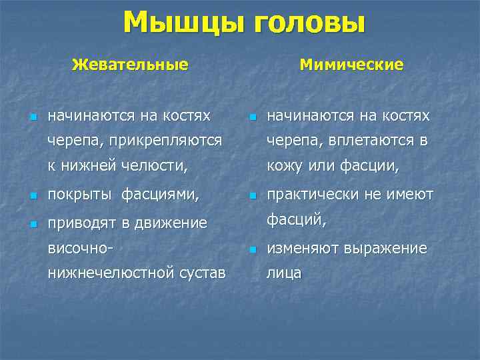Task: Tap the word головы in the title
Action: pos(307,23)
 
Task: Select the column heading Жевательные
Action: pos(130,65)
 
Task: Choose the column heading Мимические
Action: pos(351,65)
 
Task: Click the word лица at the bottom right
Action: pos(284,273)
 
